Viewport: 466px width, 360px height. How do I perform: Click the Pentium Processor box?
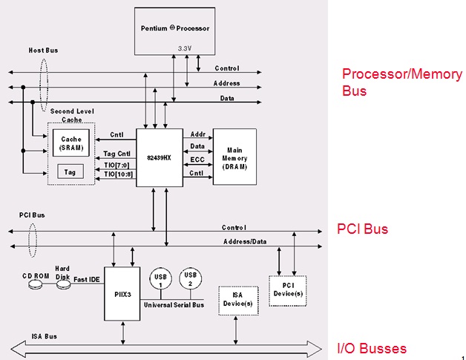click(175, 30)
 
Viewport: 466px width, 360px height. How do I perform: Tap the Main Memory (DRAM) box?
click(234, 157)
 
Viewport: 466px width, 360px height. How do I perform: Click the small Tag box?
click(71, 171)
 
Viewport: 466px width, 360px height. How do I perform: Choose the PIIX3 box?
click(122, 294)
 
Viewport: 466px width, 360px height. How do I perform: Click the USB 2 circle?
click(191, 279)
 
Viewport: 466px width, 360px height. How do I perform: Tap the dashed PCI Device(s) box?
click(287, 289)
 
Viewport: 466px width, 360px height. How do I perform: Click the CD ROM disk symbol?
click(35, 283)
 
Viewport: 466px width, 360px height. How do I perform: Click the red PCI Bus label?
click(362, 229)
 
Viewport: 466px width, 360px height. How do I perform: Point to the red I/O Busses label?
click(372, 348)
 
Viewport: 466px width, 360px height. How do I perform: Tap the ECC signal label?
click(197, 160)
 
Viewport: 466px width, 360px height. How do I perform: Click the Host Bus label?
click(43, 50)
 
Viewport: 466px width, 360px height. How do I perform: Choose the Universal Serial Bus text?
click(175, 304)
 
